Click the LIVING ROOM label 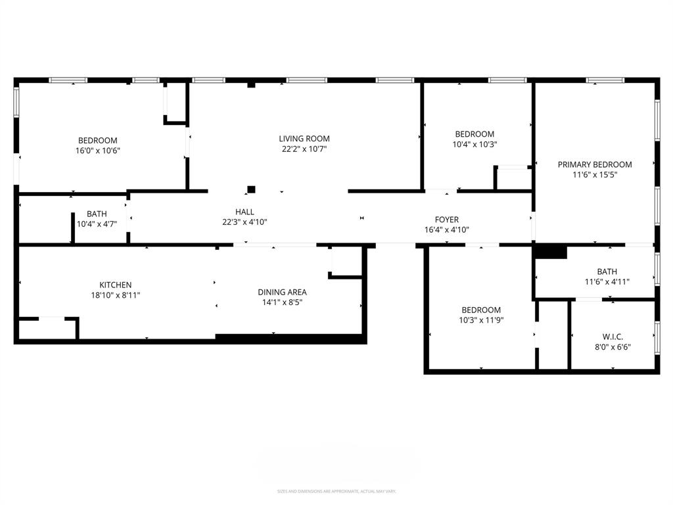[304, 139]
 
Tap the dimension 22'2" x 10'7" [304, 149]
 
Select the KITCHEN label [115, 285]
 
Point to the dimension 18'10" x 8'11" [115, 295]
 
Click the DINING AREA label [282, 292]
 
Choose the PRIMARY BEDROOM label [595, 164]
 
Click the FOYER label [447, 220]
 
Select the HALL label [244, 212]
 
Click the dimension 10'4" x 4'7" [97, 224]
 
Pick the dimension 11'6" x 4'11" [607, 281]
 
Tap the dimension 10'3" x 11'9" [480, 320]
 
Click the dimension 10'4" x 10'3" [475, 145]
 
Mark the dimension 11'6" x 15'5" [595, 175]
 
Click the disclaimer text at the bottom [336, 491]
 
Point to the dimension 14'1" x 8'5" [282, 302]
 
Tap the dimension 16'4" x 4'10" [447, 230]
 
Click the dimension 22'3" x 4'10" [244, 222]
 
